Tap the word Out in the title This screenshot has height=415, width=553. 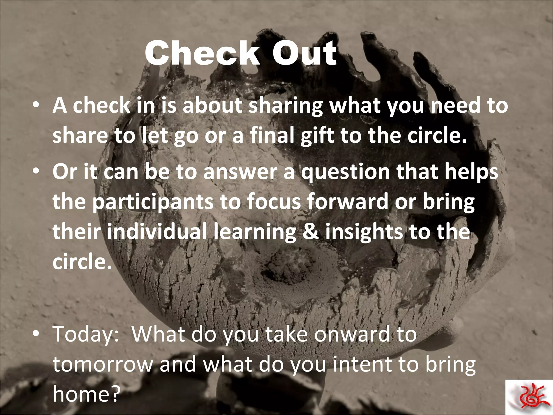pos(305,53)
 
